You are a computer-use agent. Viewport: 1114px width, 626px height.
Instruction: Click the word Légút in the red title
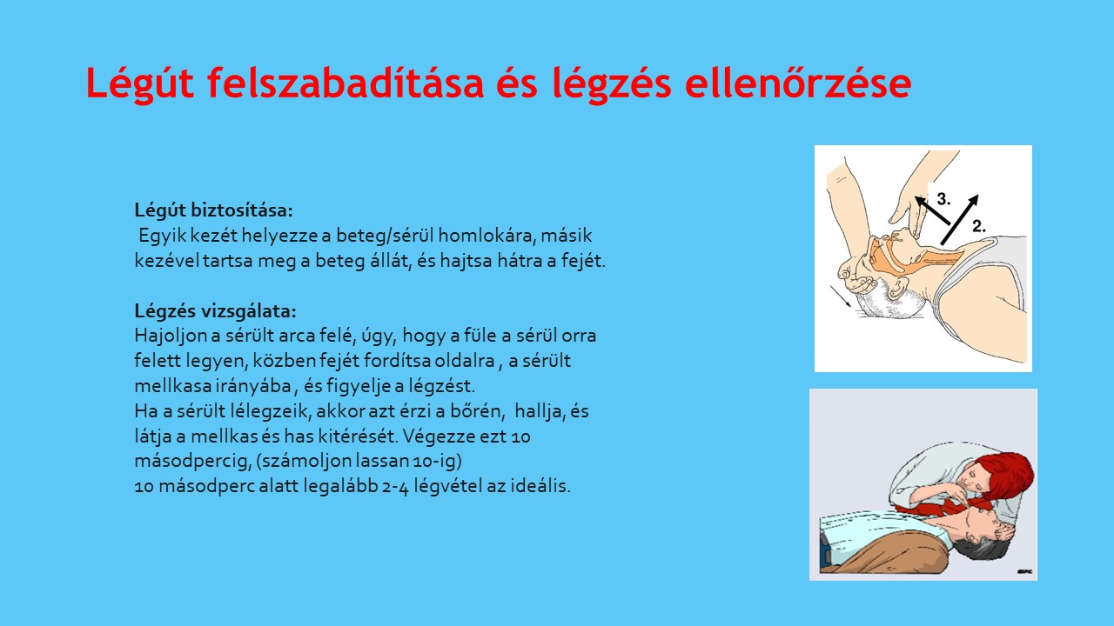coord(140,83)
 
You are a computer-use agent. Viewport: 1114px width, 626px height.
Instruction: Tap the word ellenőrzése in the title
coord(798,82)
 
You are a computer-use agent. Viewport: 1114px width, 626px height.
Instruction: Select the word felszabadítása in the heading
coord(346,82)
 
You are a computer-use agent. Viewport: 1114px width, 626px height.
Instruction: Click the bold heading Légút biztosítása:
coord(213,210)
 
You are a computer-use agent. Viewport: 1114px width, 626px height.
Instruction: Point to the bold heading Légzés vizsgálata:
coord(215,311)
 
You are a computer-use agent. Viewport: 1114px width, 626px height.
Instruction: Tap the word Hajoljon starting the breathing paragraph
coord(170,336)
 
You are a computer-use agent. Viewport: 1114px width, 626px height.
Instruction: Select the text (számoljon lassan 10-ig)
coord(359,461)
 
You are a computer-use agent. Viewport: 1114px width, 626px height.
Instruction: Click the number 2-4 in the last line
coord(395,486)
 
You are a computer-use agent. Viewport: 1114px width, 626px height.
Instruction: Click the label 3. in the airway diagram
coord(943,199)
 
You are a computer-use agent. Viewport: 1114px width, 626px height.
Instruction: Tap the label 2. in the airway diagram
coord(979,227)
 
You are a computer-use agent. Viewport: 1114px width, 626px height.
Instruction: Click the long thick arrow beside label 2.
coord(959,219)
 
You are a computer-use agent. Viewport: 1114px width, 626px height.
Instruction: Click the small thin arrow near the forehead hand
coord(840,296)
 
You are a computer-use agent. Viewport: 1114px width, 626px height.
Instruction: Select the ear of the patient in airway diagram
coord(896,288)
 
